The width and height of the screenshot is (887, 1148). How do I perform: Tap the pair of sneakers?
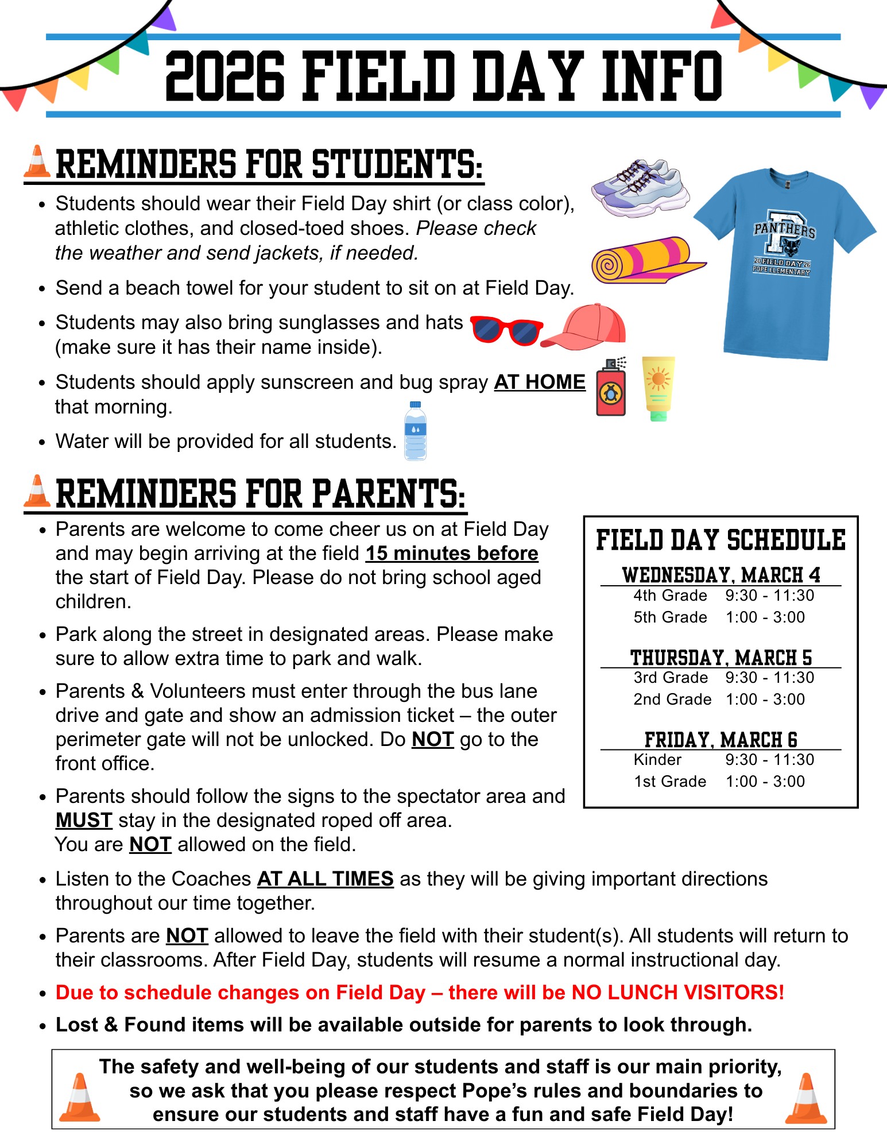tap(640, 188)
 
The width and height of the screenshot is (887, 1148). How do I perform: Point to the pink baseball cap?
tap(586, 327)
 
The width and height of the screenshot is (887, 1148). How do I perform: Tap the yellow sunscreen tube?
tap(658, 388)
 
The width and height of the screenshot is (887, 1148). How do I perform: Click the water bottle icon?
tap(415, 431)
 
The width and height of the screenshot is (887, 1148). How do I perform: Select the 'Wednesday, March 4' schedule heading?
tap(721, 575)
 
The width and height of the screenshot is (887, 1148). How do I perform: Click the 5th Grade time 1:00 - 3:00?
tap(765, 617)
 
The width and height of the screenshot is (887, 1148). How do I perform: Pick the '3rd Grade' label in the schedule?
tap(670, 678)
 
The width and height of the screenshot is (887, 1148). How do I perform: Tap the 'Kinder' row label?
tap(657, 760)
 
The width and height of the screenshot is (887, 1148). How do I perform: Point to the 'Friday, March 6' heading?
tap(721, 740)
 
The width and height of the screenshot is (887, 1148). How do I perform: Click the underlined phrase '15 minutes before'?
tap(452, 553)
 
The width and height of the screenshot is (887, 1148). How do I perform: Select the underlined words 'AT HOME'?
tap(540, 382)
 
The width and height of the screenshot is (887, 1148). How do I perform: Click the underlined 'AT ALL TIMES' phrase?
tap(325, 879)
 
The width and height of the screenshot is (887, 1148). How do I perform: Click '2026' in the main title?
tap(224, 76)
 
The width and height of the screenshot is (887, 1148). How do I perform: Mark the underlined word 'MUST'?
tap(84, 820)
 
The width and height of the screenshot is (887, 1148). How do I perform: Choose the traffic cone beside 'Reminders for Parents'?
tap(37, 492)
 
